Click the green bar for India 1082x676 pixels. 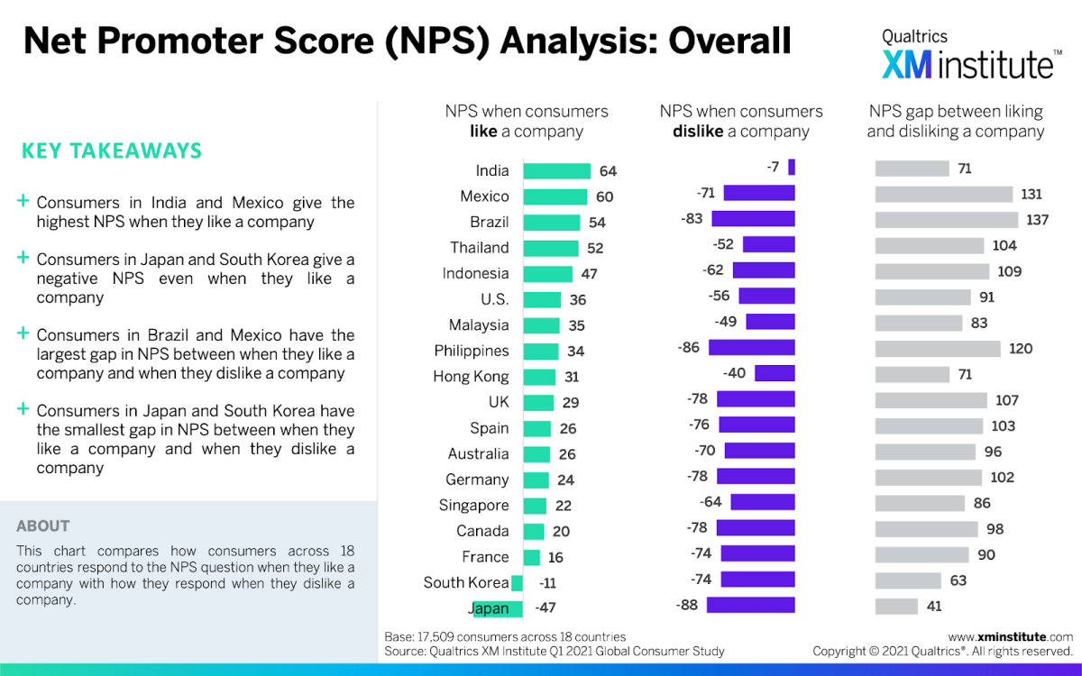tap(556, 170)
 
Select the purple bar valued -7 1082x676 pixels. tap(791, 167)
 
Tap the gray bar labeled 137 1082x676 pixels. tap(946, 220)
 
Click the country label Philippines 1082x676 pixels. tap(471, 351)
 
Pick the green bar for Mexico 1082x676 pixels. tap(555, 196)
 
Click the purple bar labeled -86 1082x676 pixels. tap(751, 347)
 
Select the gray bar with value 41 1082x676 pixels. tap(896, 607)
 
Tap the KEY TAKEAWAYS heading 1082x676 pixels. tap(112, 151)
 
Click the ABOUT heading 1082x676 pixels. tap(42, 525)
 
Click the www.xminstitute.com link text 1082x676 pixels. tap(1010, 636)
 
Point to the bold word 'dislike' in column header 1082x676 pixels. tap(699, 132)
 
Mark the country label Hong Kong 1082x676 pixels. tap(471, 377)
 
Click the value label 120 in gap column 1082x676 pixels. tap(1021, 349)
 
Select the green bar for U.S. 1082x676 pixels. tap(542, 299)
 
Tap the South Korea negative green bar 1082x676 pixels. tap(517, 582)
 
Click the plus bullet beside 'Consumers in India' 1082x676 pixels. tap(23, 202)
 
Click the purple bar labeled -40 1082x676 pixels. tap(775, 373)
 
